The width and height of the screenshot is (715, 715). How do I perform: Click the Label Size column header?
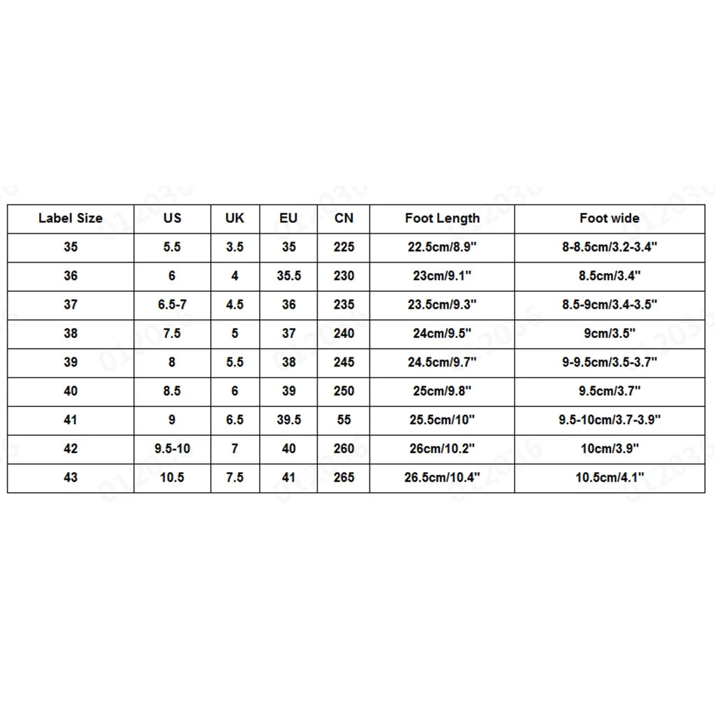pyautogui.click(x=71, y=219)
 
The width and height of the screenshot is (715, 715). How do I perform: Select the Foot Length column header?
pyautogui.click(x=442, y=219)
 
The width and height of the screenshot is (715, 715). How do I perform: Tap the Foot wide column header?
pyautogui.click(x=609, y=219)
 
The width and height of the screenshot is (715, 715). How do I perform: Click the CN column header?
pyautogui.click(x=344, y=219)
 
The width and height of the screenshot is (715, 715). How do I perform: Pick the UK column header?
pyautogui.click(x=235, y=219)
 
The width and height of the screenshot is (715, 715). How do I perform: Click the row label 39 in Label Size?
pyautogui.click(x=71, y=362)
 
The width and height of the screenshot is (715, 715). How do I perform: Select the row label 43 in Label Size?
pyautogui.click(x=71, y=478)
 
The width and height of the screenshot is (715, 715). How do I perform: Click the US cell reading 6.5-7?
pyautogui.click(x=172, y=304)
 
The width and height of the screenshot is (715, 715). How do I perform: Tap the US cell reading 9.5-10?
pyautogui.click(x=172, y=449)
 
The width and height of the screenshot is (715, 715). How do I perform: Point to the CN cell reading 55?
pyautogui.click(x=344, y=420)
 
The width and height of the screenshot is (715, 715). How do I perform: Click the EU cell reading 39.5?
pyautogui.click(x=288, y=420)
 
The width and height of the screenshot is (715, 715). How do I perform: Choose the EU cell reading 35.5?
pyautogui.click(x=288, y=276)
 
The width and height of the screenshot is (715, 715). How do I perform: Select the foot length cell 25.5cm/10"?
pyautogui.click(x=442, y=420)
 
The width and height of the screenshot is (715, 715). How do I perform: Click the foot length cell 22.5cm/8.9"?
pyautogui.click(x=442, y=247)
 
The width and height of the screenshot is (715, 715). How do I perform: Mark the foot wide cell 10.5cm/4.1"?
pyautogui.click(x=609, y=478)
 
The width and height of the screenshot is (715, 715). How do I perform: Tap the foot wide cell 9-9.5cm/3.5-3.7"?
pyautogui.click(x=609, y=362)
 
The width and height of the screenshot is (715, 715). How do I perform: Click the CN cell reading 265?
pyautogui.click(x=344, y=478)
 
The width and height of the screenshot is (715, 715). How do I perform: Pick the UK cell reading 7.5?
pyautogui.click(x=235, y=478)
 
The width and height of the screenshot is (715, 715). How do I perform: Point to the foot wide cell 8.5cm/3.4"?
pyautogui.click(x=609, y=276)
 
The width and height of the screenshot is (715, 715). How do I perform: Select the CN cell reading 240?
pyautogui.click(x=344, y=334)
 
